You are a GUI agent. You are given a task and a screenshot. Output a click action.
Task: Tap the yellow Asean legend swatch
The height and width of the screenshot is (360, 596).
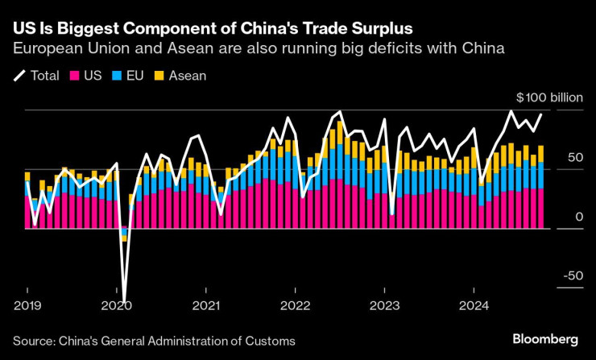pos(159,76)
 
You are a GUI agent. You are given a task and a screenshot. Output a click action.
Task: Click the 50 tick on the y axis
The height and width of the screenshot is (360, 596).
pos(573,157)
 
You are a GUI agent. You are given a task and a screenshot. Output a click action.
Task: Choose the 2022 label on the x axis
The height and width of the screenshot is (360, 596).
pos(295,306)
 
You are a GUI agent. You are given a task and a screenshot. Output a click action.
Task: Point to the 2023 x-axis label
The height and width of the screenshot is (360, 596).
pos(384,306)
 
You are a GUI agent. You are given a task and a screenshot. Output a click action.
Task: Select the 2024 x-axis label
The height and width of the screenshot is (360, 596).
pos(474,306)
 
